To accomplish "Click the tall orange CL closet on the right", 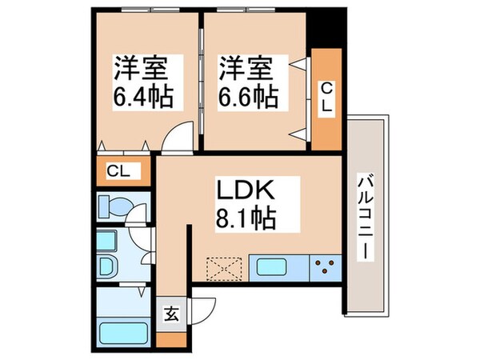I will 326,99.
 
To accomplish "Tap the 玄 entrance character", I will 170,313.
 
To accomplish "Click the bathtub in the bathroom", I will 119,330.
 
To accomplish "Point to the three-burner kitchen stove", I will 326,266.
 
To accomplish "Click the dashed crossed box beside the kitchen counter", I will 226,266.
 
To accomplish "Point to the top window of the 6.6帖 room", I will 254,12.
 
